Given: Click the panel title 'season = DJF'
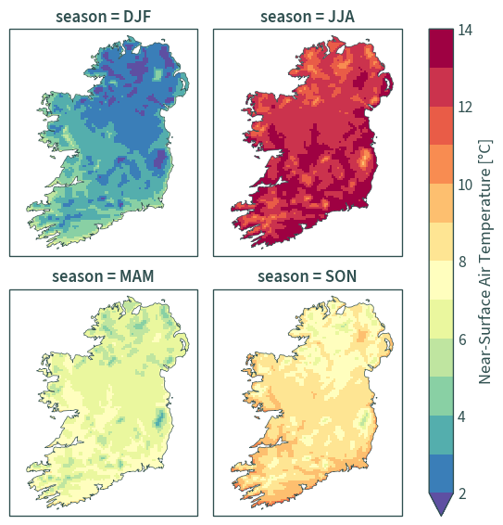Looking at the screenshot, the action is pyautogui.click(x=104, y=17).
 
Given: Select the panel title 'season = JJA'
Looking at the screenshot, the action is pyautogui.click(x=308, y=17).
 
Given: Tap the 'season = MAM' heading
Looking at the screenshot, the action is pyautogui.click(x=103, y=276).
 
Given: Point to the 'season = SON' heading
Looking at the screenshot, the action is pyautogui.click(x=307, y=276).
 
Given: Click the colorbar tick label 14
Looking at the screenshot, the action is pyautogui.click(x=465, y=30).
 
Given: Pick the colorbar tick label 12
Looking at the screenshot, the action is pyautogui.click(x=465, y=108).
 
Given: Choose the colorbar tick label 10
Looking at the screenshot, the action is pyautogui.click(x=465, y=185).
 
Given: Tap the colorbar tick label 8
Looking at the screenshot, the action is pyautogui.click(x=462, y=262).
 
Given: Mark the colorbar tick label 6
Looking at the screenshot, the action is pyautogui.click(x=462, y=339).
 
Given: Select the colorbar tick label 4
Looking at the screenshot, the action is pyautogui.click(x=462, y=416).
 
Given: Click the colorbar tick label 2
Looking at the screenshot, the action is pyautogui.click(x=462, y=493).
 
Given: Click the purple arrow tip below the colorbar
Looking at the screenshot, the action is pyautogui.click(x=441, y=515).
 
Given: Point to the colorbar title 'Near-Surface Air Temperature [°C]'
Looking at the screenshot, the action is pyautogui.click(x=484, y=262).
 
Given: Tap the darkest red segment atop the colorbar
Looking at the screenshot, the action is pyautogui.click(x=441, y=48).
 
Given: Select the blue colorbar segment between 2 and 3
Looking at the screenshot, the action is pyautogui.click(x=441, y=473).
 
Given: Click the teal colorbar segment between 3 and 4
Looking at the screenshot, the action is pyautogui.click(x=441, y=435).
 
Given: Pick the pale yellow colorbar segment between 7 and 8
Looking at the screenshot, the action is pyautogui.click(x=441, y=280).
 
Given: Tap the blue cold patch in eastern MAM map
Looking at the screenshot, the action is pyautogui.click(x=160, y=418).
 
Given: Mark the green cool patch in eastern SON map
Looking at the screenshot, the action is pyautogui.click(x=364, y=418).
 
